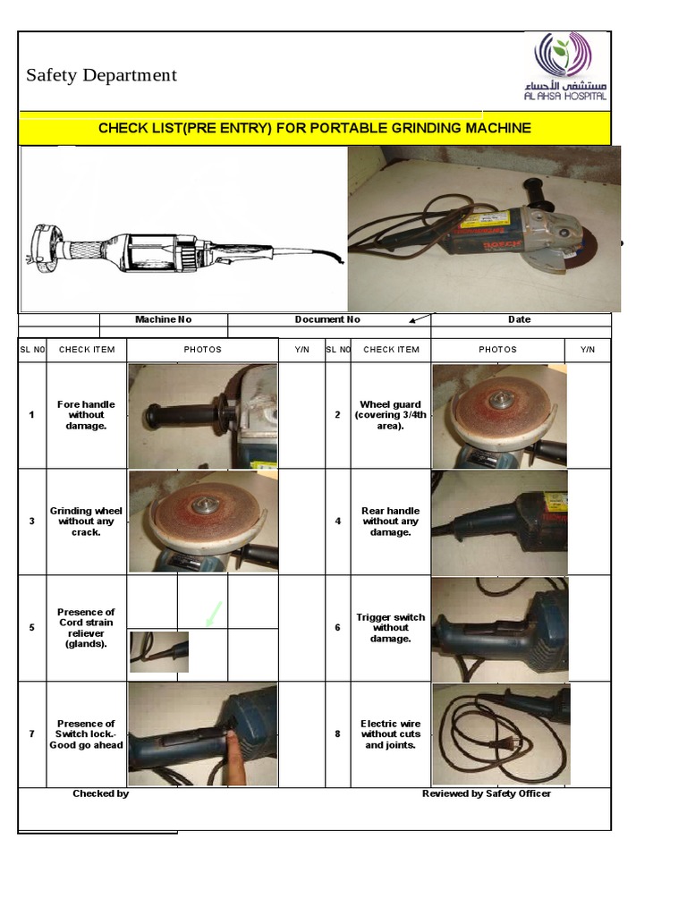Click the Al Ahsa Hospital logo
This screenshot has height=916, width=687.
(x=570, y=68)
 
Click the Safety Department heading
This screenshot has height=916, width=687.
(x=101, y=75)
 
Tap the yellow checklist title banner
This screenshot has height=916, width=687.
(x=314, y=128)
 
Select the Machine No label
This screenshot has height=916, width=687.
(x=163, y=319)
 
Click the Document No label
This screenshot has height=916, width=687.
(x=327, y=319)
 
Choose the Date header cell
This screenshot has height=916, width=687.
(x=519, y=319)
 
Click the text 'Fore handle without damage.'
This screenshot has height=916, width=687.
(x=86, y=415)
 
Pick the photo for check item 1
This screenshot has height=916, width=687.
(x=202, y=416)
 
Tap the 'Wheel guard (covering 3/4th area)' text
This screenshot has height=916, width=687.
(x=391, y=415)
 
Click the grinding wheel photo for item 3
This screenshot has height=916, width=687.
(x=202, y=522)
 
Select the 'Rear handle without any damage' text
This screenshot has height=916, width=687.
(x=391, y=522)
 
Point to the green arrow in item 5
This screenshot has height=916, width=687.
(x=213, y=615)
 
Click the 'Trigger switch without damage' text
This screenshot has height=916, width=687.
(x=391, y=628)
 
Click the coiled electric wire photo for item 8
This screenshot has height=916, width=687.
(x=499, y=734)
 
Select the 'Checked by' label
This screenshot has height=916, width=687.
(x=100, y=793)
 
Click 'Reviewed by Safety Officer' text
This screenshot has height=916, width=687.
(x=487, y=793)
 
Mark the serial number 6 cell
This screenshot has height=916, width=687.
(x=337, y=628)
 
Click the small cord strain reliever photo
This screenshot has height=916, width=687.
(x=159, y=652)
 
